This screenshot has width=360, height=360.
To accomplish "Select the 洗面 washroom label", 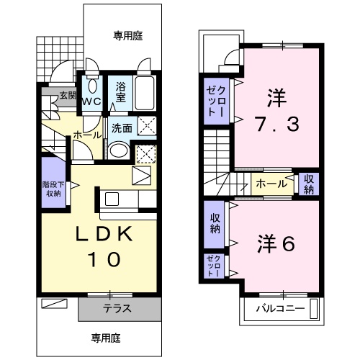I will (122, 129).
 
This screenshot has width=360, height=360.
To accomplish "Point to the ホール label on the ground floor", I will (88, 135).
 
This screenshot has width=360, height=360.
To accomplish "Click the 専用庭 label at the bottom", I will (105, 337).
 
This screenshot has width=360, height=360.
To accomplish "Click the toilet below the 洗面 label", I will (117, 152).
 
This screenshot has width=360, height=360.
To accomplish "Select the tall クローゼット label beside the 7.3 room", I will (216, 101).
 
